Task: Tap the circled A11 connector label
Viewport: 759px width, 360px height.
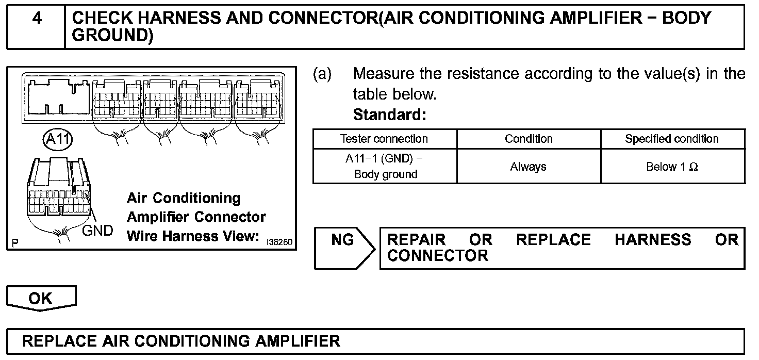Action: [x=58, y=139]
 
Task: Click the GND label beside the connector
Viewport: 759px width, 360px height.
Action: [x=98, y=231]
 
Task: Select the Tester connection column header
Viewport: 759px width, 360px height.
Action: [x=384, y=139]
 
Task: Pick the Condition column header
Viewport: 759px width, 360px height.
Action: [x=529, y=139]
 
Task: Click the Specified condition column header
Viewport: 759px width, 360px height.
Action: [x=672, y=139]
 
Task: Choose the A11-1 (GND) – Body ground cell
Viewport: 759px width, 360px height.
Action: [x=385, y=166]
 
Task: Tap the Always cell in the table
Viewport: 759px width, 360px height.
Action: [x=529, y=167]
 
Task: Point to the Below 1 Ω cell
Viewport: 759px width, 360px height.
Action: [x=672, y=167]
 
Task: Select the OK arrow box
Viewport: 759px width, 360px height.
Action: [x=41, y=299]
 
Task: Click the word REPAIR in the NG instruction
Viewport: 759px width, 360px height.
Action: [x=416, y=240]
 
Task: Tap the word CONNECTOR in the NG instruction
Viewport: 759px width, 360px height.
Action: [x=437, y=256]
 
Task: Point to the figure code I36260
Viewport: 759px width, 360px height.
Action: [x=279, y=241]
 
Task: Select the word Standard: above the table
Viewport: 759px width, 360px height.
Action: [x=389, y=114]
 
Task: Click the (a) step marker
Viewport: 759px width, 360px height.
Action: [x=323, y=74]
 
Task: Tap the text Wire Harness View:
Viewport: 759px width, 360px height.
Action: [x=192, y=236]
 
